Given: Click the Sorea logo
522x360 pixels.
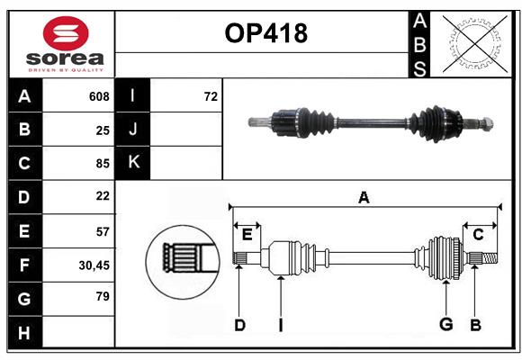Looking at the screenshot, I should pos(61,44).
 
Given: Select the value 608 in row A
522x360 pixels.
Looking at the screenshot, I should pos(98,96).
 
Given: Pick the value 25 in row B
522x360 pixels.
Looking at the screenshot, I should pos(102,130).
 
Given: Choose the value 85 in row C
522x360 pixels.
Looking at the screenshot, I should pos(102,164).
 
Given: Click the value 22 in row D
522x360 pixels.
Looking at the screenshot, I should pos(102,196).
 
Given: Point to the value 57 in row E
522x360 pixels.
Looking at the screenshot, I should pos(102,230).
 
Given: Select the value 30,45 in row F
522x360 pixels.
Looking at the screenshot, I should pos(94,265).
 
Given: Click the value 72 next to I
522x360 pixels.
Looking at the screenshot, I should pos(211,96).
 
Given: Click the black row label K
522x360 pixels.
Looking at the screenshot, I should pos(133,163).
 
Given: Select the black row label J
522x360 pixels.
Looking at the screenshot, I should pos(133,130).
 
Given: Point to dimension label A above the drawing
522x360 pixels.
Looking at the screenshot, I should pos(364,198).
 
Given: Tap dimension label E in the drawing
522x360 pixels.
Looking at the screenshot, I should pos(247,235).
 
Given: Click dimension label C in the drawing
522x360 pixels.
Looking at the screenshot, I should pos(478,235).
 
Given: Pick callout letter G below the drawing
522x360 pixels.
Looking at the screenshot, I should pos(445,325).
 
